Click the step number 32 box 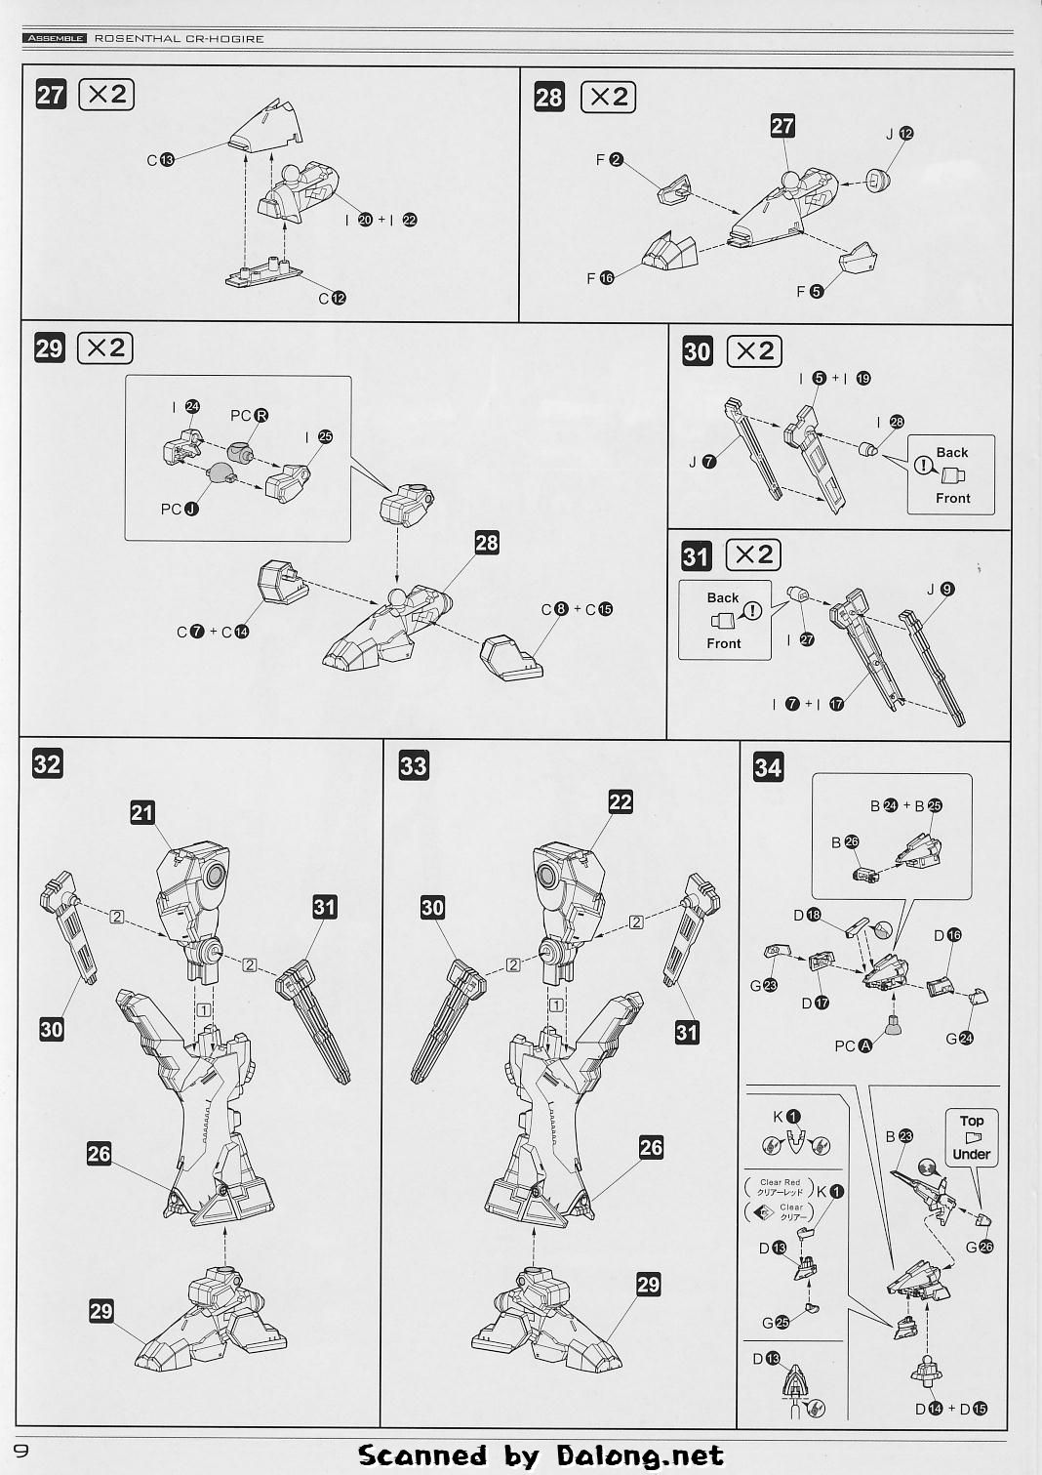click(x=47, y=763)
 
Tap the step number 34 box click(x=768, y=767)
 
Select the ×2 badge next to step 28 click(x=608, y=97)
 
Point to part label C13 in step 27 click(x=160, y=159)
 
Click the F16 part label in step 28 click(x=600, y=278)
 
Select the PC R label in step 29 click(x=249, y=416)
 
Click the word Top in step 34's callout click(x=972, y=1121)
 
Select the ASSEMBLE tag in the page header click(x=55, y=39)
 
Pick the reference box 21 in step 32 click(x=142, y=812)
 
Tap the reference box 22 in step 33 click(x=621, y=801)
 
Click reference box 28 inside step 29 click(x=487, y=543)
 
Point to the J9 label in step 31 click(x=941, y=589)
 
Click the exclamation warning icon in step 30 click(x=923, y=466)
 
